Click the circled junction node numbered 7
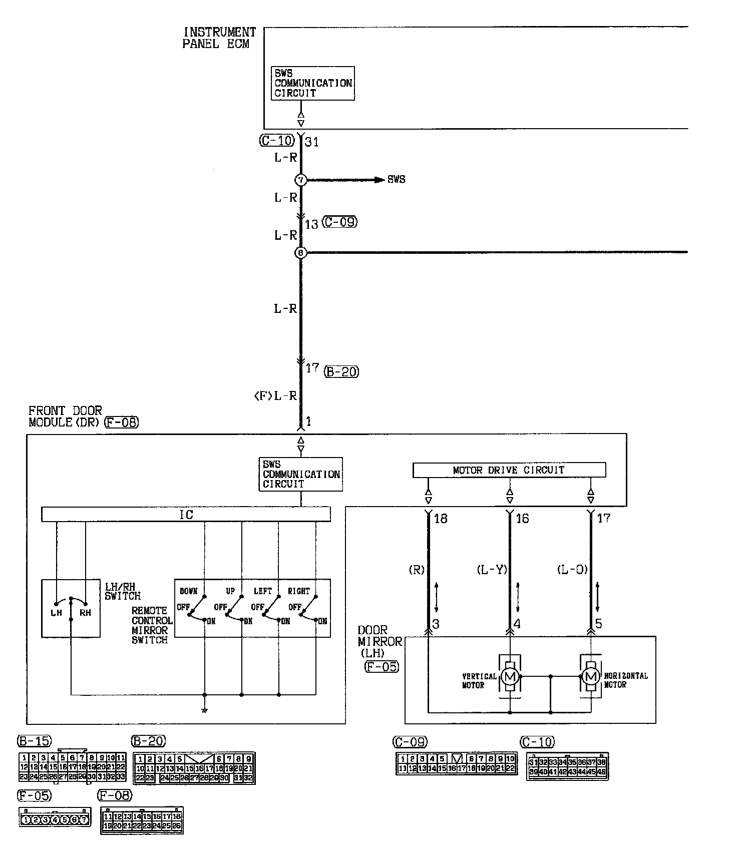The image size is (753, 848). [x=300, y=180]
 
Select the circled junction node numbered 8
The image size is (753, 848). [x=300, y=253]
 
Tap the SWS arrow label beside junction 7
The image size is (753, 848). [x=396, y=180]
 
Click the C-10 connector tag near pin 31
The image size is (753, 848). [x=277, y=141]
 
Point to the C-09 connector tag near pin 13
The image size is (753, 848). [x=340, y=222]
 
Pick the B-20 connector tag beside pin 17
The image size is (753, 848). [x=342, y=371]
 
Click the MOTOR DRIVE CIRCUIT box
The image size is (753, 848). [x=509, y=470]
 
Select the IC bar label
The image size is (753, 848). [x=186, y=515]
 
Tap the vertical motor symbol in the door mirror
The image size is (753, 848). [x=510, y=676]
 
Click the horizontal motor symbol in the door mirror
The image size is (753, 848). [x=591, y=676]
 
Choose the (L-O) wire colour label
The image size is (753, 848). [x=572, y=570]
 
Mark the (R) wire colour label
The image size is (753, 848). [x=417, y=570]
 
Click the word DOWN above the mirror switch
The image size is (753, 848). [x=189, y=591]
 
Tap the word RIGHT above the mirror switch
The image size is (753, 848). [x=298, y=591]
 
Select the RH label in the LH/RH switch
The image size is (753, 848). [x=86, y=612]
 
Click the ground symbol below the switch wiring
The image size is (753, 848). [x=204, y=709]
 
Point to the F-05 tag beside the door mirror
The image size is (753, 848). [x=382, y=666]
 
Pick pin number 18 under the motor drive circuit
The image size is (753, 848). [x=441, y=519]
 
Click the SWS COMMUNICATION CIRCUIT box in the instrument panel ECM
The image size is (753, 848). [x=313, y=83]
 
